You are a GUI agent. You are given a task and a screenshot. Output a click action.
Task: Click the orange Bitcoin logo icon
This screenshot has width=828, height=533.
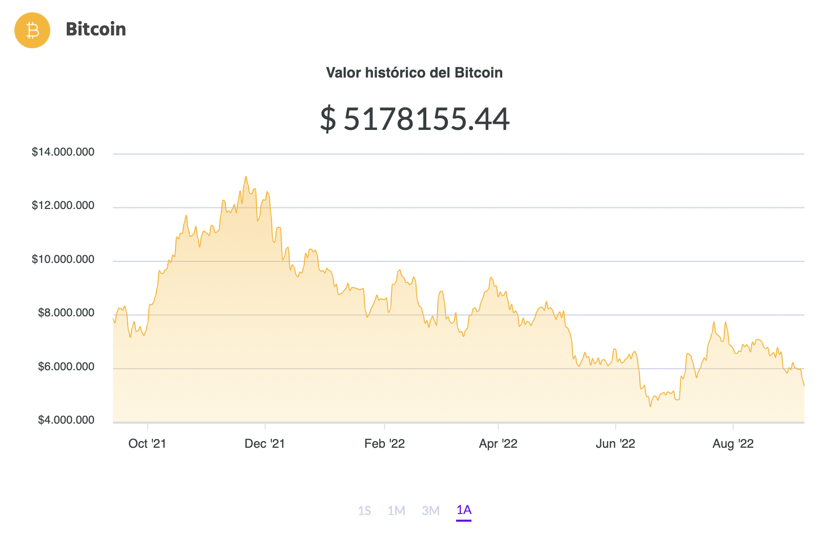[x=32, y=30]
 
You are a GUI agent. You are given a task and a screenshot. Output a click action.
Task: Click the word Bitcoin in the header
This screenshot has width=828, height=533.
[x=96, y=29]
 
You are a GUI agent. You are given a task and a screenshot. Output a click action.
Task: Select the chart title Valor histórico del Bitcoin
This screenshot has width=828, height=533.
[x=414, y=73]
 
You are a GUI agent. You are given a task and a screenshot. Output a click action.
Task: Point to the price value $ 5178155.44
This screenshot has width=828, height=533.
[x=415, y=119]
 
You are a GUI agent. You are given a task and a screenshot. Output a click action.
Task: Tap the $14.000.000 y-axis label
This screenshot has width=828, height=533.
[x=63, y=152]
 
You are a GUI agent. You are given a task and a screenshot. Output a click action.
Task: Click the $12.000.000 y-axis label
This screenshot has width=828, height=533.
[x=63, y=206]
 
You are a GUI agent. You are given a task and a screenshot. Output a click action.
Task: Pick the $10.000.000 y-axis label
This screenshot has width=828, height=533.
[x=63, y=259]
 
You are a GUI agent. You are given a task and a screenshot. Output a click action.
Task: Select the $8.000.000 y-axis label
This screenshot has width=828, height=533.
[x=66, y=313]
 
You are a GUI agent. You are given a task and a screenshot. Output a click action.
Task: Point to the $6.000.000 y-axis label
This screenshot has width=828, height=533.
[x=66, y=367]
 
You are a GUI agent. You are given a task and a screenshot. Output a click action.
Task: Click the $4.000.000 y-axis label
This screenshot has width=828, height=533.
[x=66, y=420]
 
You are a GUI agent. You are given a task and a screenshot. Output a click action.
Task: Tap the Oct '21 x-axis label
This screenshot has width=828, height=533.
[x=147, y=444]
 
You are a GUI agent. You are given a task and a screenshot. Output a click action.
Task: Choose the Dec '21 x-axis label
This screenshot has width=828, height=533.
[x=265, y=444]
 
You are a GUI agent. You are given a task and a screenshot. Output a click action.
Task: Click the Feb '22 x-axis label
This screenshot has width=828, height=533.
[x=385, y=444]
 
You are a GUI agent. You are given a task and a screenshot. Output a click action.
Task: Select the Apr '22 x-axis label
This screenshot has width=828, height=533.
[x=498, y=444]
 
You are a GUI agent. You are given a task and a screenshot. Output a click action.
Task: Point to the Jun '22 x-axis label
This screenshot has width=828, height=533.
[x=616, y=444]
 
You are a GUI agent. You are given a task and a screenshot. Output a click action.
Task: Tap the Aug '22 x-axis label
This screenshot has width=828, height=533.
[x=733, y=444]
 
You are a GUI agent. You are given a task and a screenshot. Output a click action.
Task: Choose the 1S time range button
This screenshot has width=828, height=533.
[x=365, y=510]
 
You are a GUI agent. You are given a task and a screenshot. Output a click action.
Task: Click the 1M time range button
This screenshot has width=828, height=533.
[x=397, y=510]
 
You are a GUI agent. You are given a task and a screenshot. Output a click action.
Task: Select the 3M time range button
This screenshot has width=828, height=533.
[x=431, y=510]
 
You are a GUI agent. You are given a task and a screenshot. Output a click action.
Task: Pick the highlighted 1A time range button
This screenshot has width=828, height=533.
[x=464, y=510]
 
